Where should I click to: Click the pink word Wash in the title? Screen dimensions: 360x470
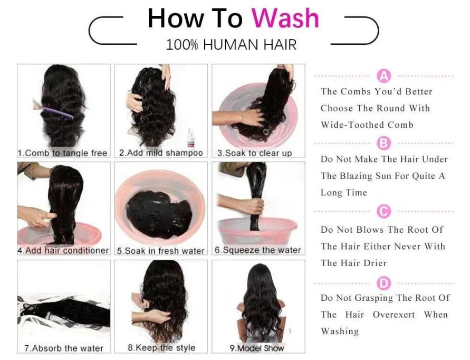click(x=285, y=18)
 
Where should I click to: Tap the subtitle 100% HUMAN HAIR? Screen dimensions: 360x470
click(x=231, y=45)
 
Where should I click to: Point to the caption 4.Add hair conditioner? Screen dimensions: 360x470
click(x=63, y=251)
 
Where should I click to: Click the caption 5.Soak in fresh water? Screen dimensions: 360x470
click(x=160, y=251)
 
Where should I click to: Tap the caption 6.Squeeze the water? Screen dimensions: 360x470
click(x=258, y=250)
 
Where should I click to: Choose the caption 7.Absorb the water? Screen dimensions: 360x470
click(x=63, y=348)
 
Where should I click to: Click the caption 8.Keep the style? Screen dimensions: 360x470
click(x=161, y=348)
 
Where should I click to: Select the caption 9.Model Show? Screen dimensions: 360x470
click(x=257, y=348)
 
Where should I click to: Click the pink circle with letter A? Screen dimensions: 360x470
click(x=384, y=77)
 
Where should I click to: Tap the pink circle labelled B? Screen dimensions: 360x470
click(x=384, y=143)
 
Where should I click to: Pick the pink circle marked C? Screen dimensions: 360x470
click(x=384, y=212)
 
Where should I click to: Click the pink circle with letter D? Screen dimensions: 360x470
click(x=384, y=283)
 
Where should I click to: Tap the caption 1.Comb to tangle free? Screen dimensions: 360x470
click(x=63, y=153)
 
